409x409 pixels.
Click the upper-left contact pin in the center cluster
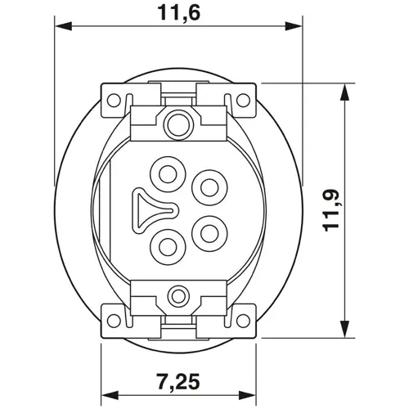[169, 173]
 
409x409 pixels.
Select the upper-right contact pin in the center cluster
[207, 187]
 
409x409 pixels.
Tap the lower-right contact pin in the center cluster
[207, 231]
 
